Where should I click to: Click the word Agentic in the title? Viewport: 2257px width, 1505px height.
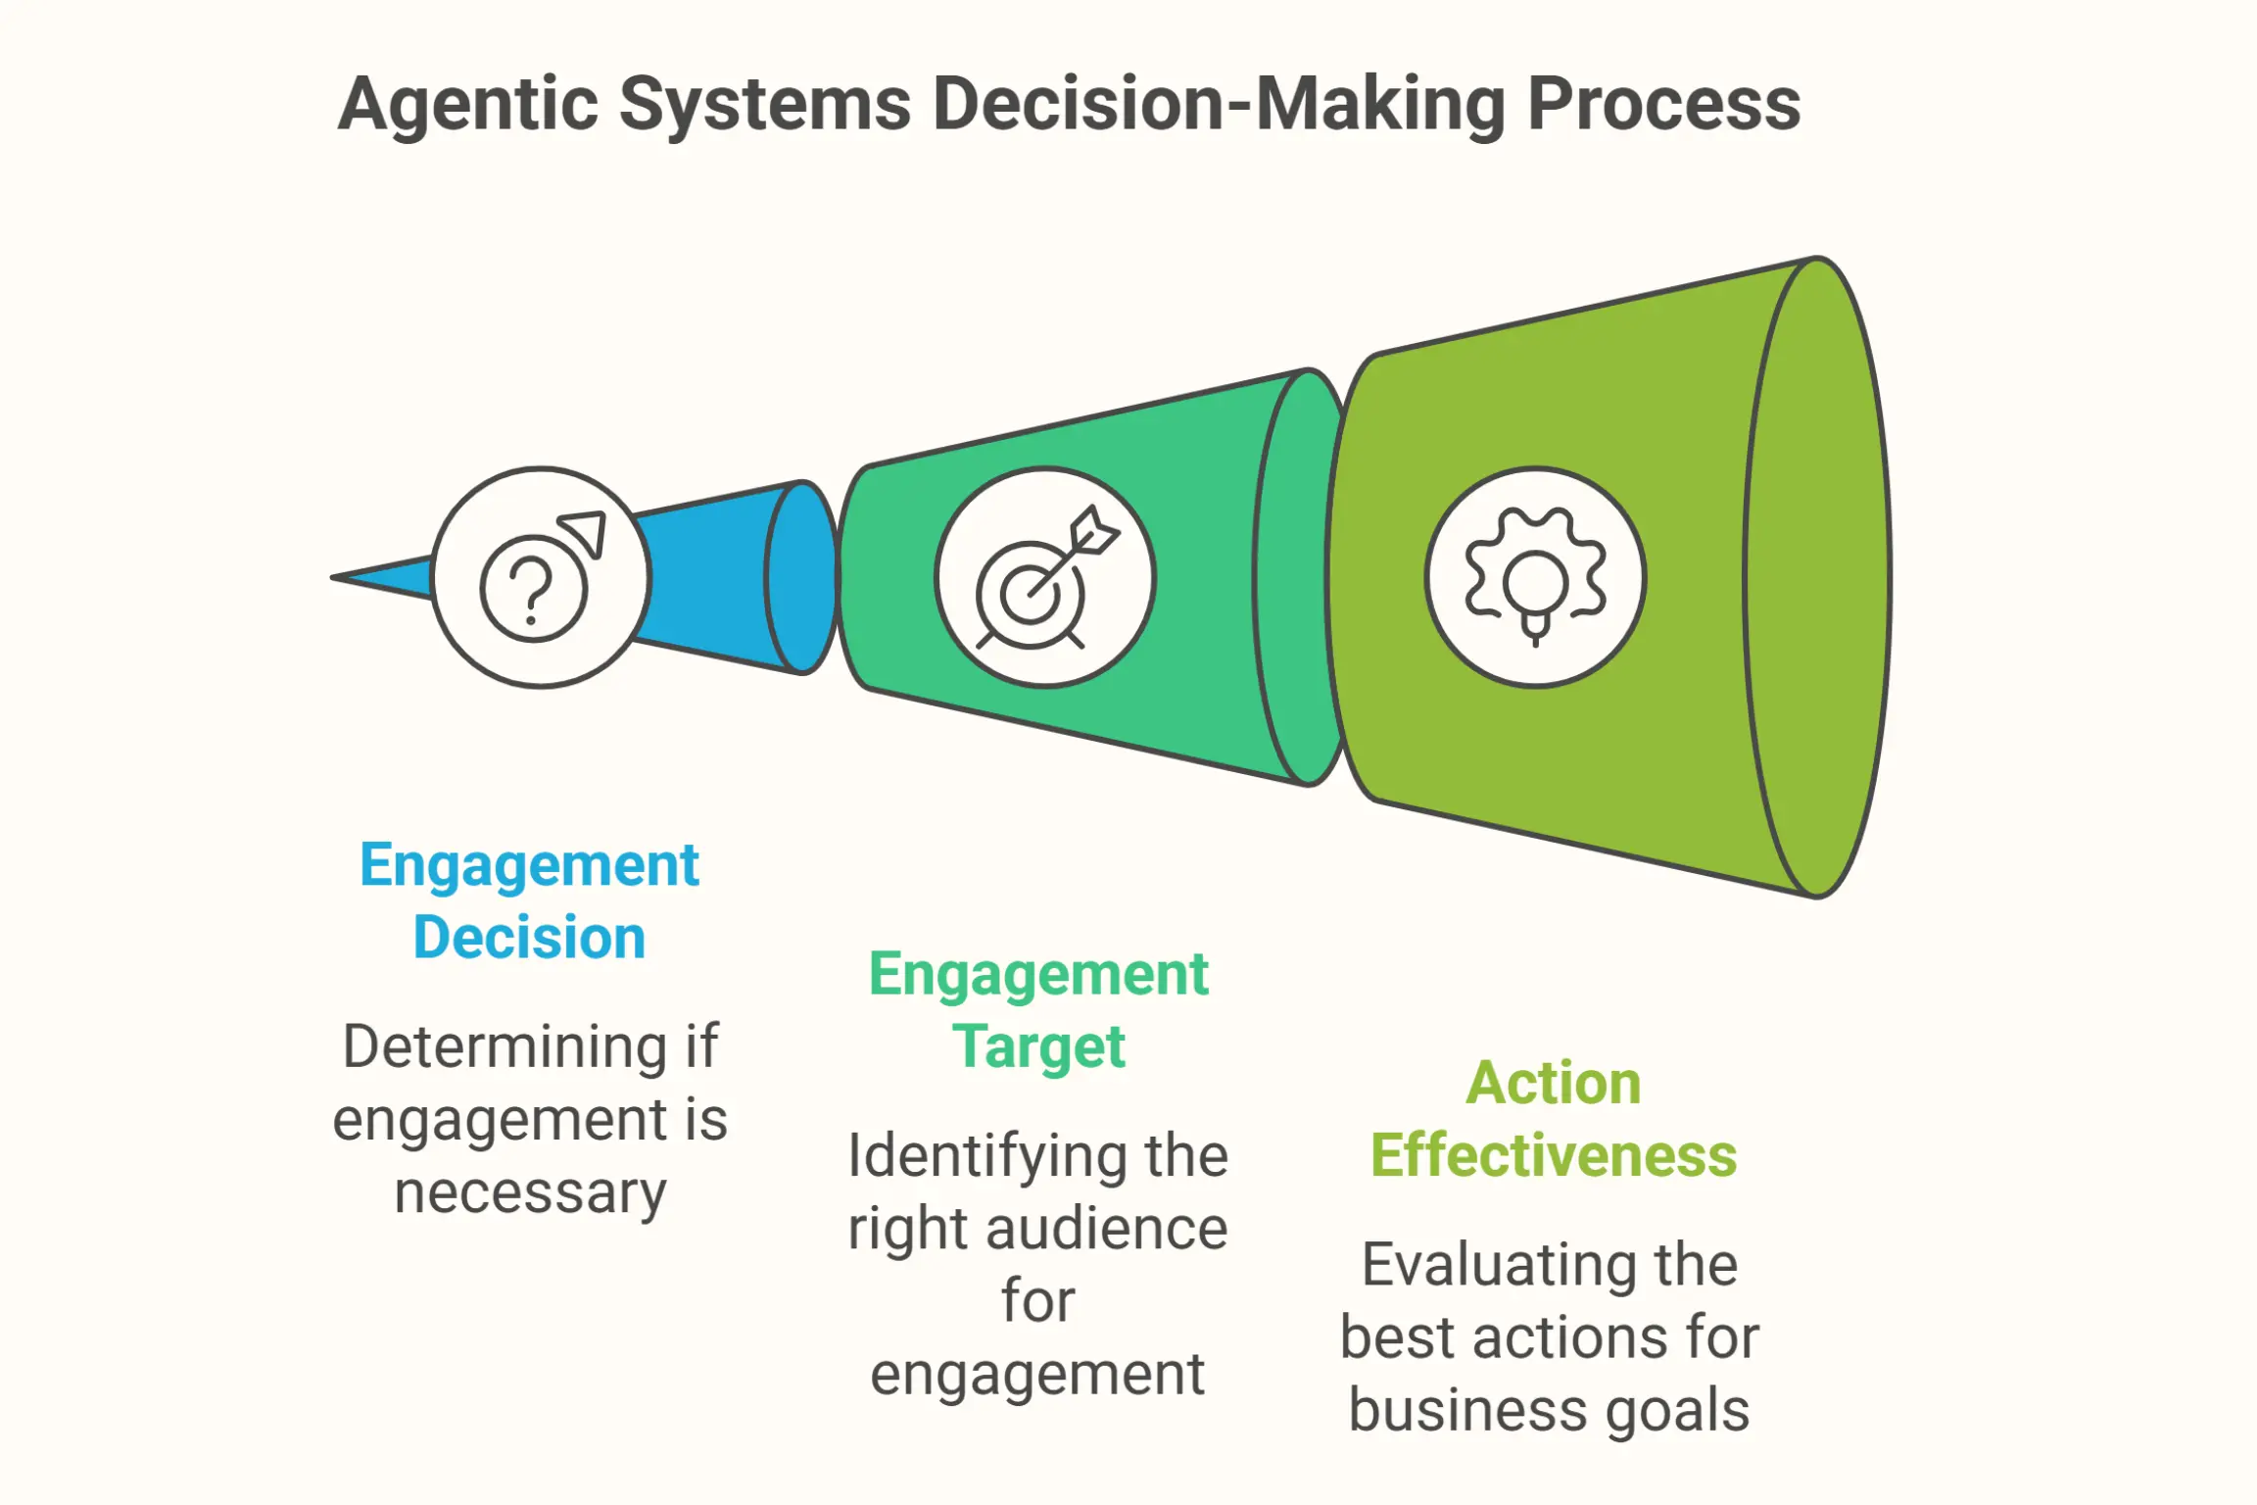[x=468, y=105]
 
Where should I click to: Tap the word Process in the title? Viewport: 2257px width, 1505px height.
[x=1663, y=103]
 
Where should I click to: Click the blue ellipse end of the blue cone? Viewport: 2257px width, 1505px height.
[x=802, y=577]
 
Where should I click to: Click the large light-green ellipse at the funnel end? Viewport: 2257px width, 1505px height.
[x=1817, y=577]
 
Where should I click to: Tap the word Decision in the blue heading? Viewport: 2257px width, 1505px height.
[x=529, y=938]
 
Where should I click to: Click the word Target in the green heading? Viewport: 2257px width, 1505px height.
[x=1038, y=1047]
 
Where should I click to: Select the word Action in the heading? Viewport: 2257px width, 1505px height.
[x=1554, y=1084]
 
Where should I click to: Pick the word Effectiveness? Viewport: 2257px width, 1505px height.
[x=1554, y=1156]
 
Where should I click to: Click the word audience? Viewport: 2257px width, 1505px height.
[x=1106, y=1229]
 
